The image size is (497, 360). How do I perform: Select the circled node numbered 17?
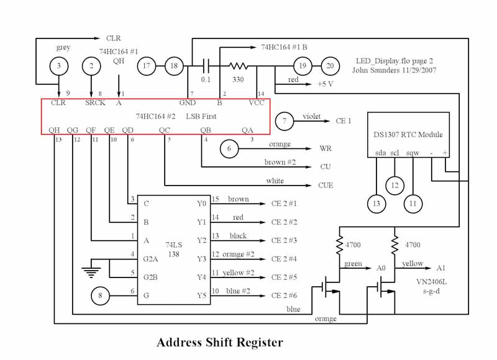pos(147,65)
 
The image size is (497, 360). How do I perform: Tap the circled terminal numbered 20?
pos(331,65)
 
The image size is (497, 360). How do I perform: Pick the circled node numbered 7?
pos(285,121)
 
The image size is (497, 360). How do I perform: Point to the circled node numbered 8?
pos(100,296)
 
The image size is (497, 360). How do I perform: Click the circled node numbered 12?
pos(394,185)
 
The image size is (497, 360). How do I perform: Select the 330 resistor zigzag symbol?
pos(239,65)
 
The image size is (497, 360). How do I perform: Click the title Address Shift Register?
pos(219,342)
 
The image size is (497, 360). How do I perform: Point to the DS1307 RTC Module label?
pos(408,134)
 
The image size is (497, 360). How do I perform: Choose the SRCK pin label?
pos(95,103)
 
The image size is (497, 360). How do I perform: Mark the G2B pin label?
pos(150,277)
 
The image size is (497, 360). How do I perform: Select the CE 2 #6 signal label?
pos(284,296)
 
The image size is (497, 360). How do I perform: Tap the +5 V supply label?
pos(326,83)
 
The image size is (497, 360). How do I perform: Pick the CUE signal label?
pos(325,185)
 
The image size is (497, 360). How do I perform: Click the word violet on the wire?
pos(312,116)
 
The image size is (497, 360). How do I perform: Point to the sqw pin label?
pos(413,153)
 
